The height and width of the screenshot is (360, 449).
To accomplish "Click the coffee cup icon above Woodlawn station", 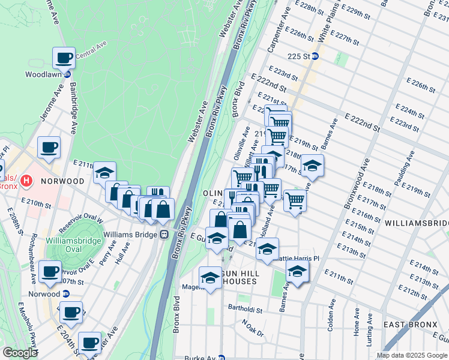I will tap(64, 59).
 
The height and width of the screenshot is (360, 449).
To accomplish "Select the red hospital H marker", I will tap(26, 180).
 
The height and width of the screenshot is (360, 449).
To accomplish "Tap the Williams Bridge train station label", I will tap(129, 235).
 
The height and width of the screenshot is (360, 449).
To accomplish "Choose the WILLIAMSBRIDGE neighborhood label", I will tap(416, 223).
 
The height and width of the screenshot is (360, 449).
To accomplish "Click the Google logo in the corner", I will tap(20, 352).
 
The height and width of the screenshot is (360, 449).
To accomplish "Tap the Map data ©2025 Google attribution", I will tap(412, 355).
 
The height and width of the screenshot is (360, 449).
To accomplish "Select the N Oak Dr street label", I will tap(253, 329).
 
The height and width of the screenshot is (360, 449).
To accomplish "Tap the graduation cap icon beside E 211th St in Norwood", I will tap(104, 173).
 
